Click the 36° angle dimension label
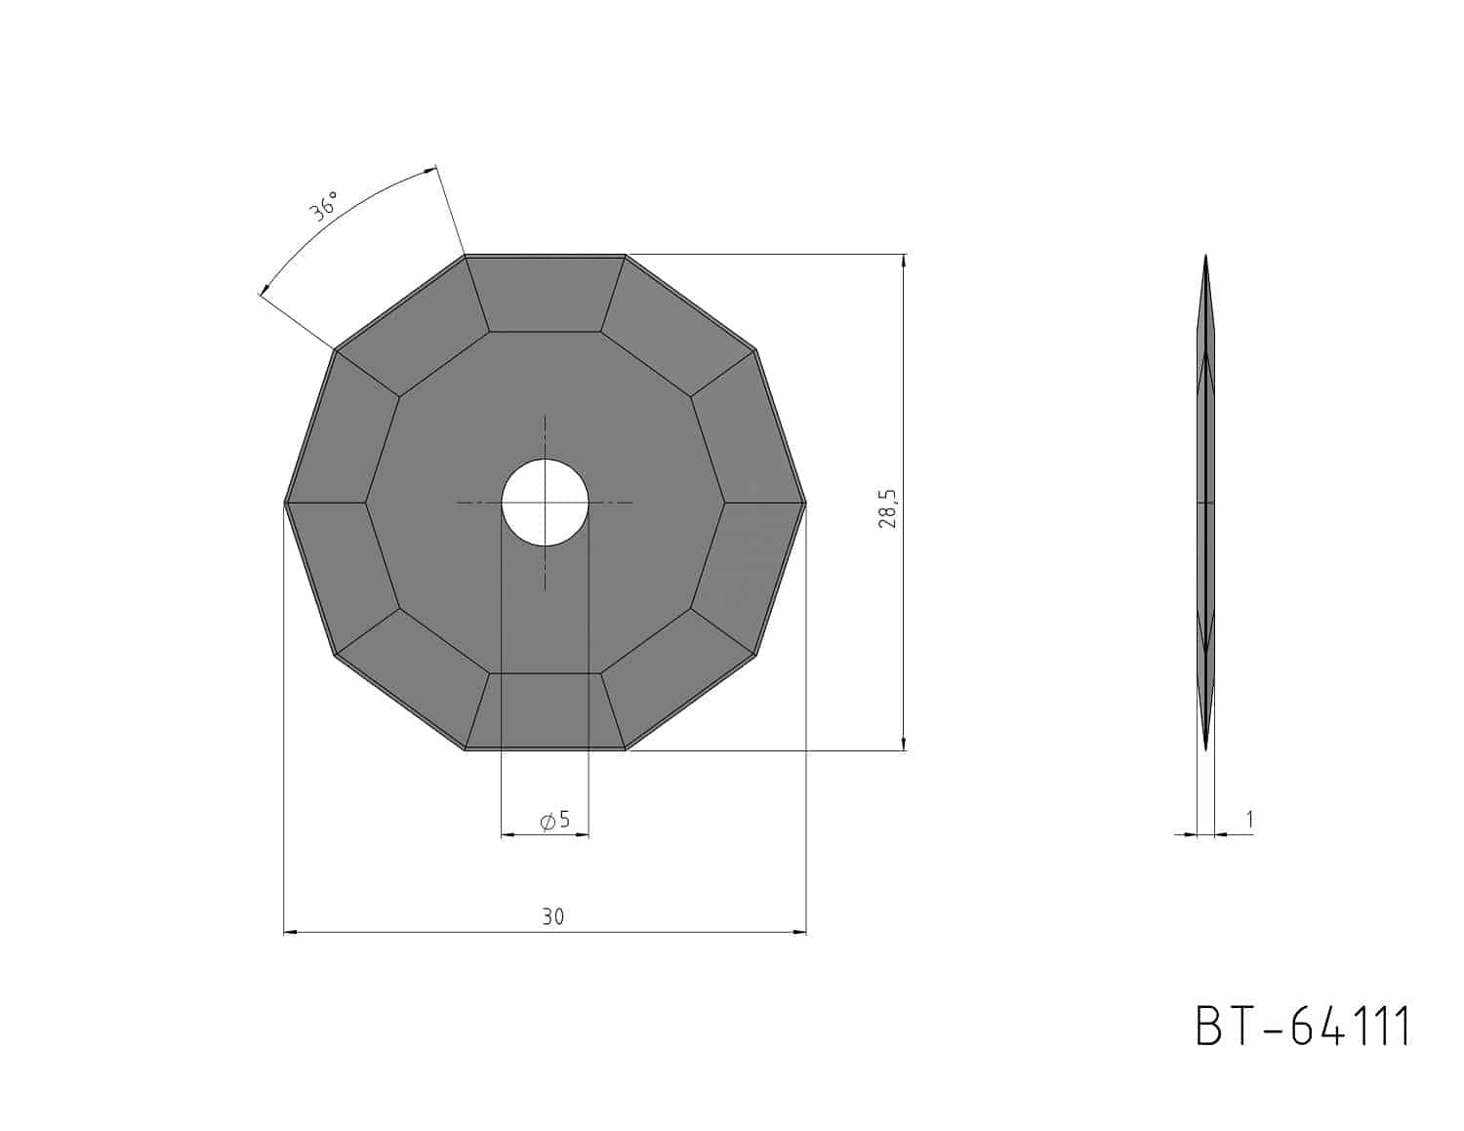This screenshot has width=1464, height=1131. pos(323,206)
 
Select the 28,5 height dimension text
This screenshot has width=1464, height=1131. pos(888,508)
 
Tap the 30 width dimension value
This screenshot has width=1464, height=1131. pos(553,916)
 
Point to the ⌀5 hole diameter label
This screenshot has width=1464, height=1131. pos(555,821)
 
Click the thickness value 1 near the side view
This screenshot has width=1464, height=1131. pos(1249,820)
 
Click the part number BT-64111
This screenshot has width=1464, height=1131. pos(1302,1027)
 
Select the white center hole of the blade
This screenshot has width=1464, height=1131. pos(545,503)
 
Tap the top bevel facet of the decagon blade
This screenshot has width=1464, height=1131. pos(545,294)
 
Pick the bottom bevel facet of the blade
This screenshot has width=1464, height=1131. pos(545,711)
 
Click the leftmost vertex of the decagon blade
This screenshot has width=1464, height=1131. pos(286,503)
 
